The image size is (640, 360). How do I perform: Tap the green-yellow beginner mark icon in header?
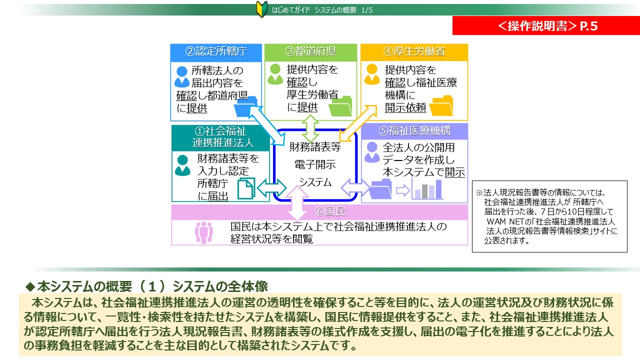(x=263, y=9)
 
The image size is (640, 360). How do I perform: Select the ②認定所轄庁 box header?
(x=216, y=51)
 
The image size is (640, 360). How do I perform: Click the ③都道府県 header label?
(x=310, y=51)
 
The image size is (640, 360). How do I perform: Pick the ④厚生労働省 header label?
(x=414, y=51)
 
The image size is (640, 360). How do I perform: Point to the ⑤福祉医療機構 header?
(x=414, y=131)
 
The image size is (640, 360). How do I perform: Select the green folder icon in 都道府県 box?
(x=339, y=105)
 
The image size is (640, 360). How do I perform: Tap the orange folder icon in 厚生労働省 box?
(x=440, y=105)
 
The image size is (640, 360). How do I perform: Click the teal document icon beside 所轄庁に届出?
(x=245, y=188)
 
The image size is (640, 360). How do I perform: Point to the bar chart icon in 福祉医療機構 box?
(x=427, y=189)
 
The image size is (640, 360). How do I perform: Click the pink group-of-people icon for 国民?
(x=203, y=232)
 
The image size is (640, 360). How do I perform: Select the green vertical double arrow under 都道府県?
(x=310, y=128)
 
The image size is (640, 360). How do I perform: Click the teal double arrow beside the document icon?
(x=271, y=188)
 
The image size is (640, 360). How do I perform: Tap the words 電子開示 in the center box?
(x=315, y=164)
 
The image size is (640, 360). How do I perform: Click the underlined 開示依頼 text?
(x=405, y=107)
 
